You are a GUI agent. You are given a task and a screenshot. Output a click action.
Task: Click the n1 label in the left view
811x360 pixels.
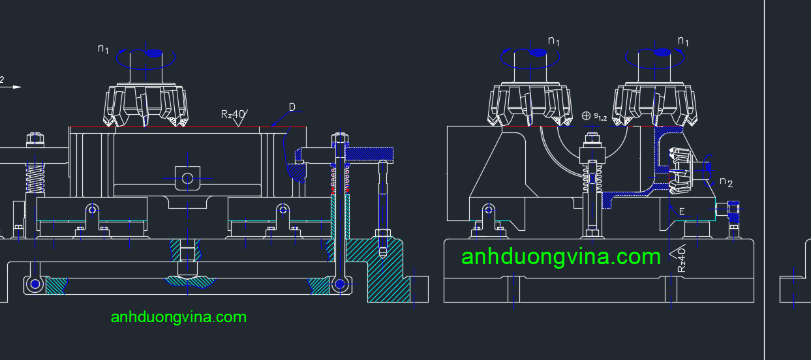click(x=103, y=48)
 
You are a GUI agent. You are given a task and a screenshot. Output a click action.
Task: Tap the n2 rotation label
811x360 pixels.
click(x=726, y=183)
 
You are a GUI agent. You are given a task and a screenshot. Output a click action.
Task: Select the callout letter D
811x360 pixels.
click(x=292, y=106)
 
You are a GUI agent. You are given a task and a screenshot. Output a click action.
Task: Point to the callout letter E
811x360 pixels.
click(x=682, y=211)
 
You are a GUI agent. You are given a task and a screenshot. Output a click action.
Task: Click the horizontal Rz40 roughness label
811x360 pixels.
click(x=234, y=115)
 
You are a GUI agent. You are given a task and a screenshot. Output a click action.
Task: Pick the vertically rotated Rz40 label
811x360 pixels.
click(x=681, y=259)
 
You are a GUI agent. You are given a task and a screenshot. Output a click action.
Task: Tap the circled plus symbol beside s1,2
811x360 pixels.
click(x=586, y=115)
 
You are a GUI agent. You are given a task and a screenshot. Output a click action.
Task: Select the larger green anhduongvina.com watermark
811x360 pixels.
click(x=560, y=256)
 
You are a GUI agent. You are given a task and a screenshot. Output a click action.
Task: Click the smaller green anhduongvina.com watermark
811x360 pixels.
click(x=179, y=317)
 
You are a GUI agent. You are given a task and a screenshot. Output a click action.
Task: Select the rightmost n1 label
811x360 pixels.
click(x=683, y=41)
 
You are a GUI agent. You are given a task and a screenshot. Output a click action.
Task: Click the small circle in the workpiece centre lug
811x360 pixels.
click(x=188, y=177)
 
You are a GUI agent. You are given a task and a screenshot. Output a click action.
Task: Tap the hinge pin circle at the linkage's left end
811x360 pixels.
click(x=34, y=284)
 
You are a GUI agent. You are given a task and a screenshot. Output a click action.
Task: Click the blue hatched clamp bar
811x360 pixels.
click(x=370, y=154)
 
